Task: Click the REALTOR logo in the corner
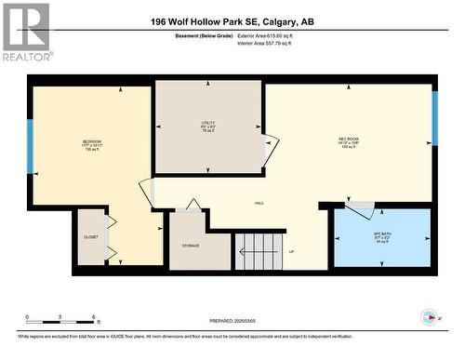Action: click(x=26, y=32)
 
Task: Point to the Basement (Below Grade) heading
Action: click(x=204, y=35)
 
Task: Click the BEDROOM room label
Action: click(x=90, y=145)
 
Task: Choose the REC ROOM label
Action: click(x=350, y=142)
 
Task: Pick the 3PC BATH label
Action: click(x=380, y=235)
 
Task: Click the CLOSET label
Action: click(x=91, y=237)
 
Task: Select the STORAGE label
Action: click(x=192, y=245)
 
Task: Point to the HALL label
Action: click(x=259, y=202)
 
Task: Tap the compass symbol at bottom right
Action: click(x=429, y=316)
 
